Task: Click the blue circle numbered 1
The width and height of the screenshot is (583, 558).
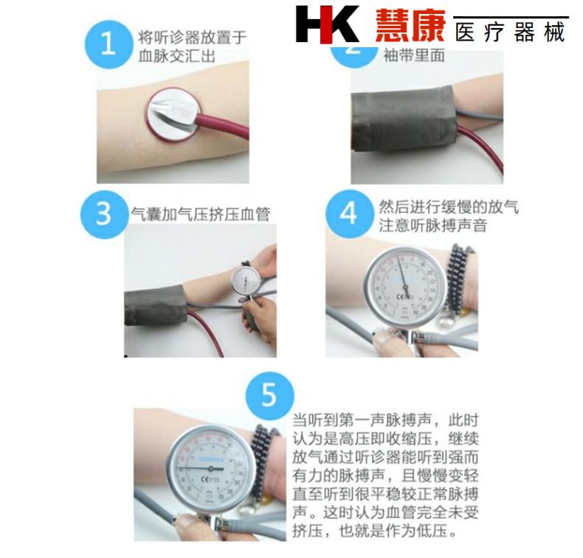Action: click(108, 43)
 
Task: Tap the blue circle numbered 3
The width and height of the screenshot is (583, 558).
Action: click(104, 214)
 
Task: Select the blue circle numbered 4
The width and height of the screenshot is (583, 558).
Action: click(348, 214)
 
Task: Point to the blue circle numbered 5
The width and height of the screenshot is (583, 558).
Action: click(269, 396)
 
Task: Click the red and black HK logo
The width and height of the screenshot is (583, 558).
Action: click(327, 24)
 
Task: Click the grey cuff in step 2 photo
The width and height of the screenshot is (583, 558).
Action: click(402, 118)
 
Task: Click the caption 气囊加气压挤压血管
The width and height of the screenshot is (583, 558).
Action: click(200, 215)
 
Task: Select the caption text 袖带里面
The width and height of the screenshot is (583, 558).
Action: click(413, 55)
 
